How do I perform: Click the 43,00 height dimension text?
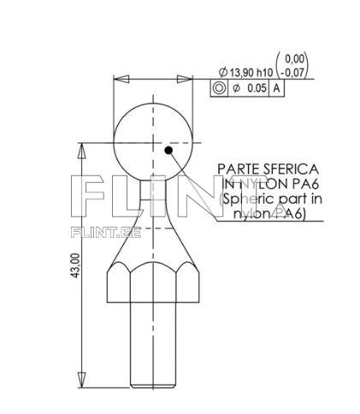(76, 264)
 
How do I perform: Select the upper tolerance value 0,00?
(295, 59)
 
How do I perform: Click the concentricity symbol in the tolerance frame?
(219, 88)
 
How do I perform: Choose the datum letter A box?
(276, 88)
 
